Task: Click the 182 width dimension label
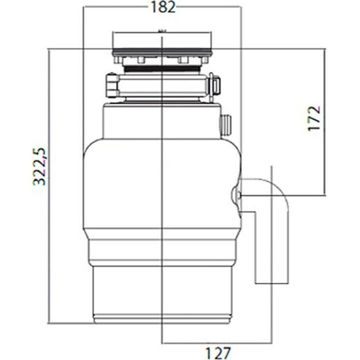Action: (163, 7)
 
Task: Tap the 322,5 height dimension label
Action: (39, 166)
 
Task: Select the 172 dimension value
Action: (314, 118)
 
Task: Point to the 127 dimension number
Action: (218, 353)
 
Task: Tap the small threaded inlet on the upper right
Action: (226, 126)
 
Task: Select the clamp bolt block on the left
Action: (112, 85)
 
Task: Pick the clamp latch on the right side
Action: (215, 86)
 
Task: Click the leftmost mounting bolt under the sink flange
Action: (118, 60)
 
